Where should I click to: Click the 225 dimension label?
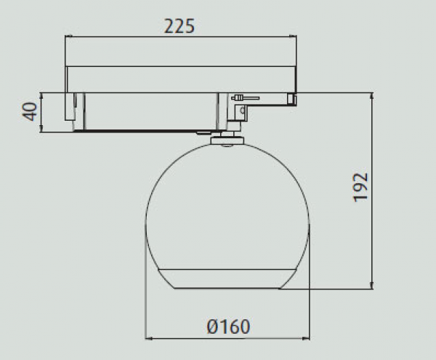pyautogui.click(x=179, y=26)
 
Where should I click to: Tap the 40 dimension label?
pyautogui.click(x=30, y=111)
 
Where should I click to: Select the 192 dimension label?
pyautogui.click(x=360, y=187)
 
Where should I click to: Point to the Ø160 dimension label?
pyautogui.click(x=228, y=327)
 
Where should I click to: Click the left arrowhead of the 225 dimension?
pyautogui.click(x=68, y=36)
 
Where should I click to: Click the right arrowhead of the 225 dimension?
pyautogui.click(x=293, y=36)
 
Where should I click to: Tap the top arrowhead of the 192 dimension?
pyautogui.click(x=372, y=96)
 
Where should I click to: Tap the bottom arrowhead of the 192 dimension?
pyautogui.click(x=372, y=285)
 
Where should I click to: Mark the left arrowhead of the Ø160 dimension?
pyautogui.click(x=149, y=339)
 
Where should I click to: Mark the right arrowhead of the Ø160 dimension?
pyautogui.click(x=306, y=339)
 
